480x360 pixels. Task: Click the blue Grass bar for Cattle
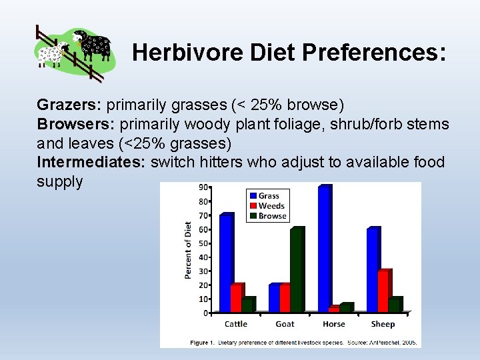point(226,263)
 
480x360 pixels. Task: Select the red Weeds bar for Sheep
point(383,291)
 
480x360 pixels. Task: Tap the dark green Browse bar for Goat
point(296,270)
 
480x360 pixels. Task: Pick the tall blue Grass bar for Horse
point(325,249)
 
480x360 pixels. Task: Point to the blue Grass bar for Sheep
point(373,270)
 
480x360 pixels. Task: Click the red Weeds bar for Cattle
point(236,297)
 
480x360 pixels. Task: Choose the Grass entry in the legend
point(267,195)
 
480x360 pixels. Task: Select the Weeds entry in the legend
point(270,206)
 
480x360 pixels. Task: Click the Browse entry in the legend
point(271,216)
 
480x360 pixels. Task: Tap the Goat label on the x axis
point(285,324)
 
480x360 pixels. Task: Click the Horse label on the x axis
point(333,324)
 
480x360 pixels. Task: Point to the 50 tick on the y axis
point(207,243)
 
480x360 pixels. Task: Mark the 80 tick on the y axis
point(207,201)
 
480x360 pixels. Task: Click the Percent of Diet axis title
point(189,250)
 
